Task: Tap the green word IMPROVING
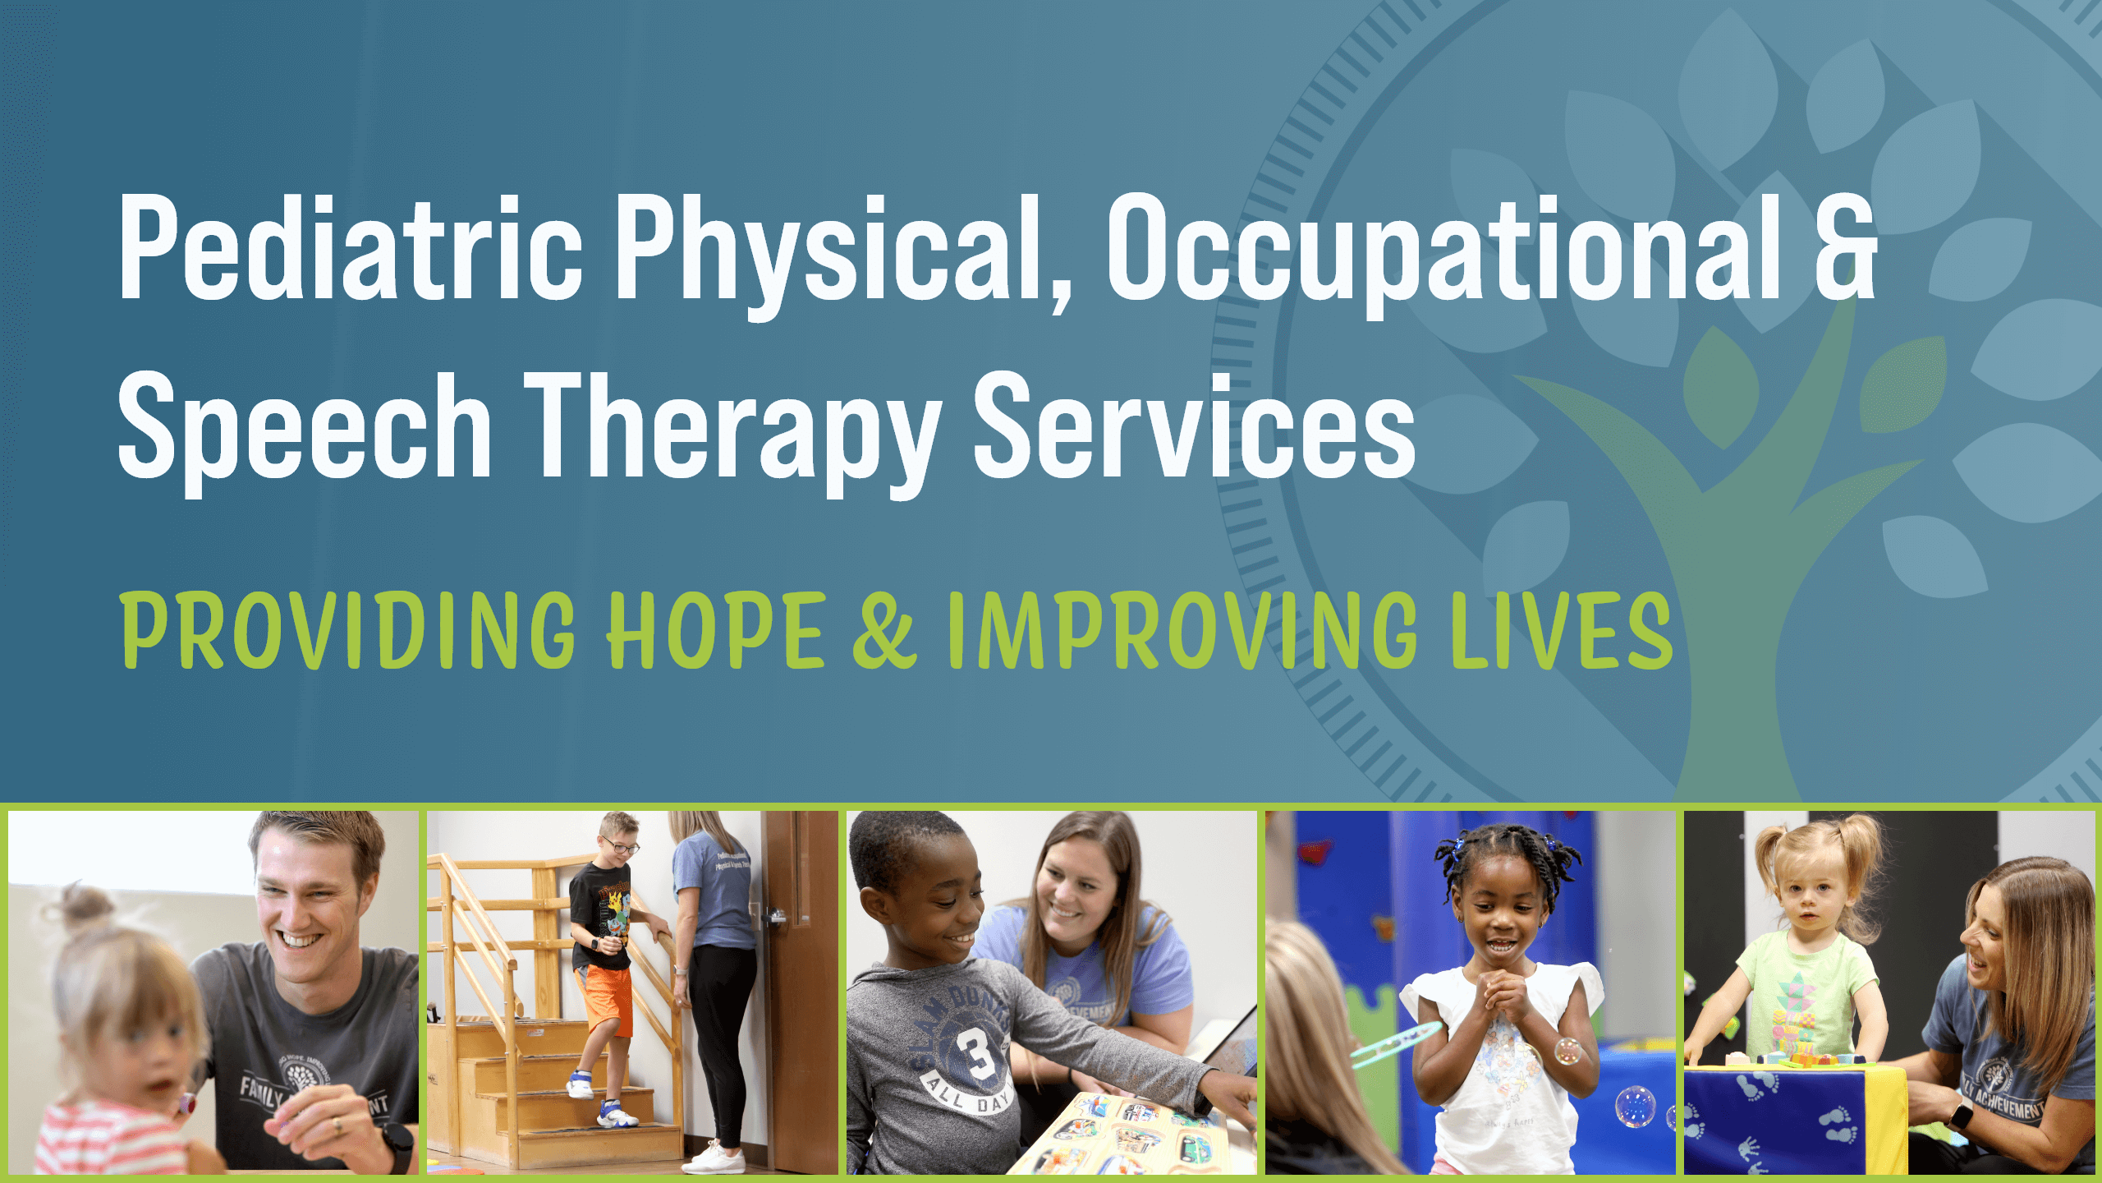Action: tap(1182, 630)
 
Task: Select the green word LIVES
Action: tap(1560, 630)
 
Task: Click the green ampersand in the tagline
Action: tap(883, 630)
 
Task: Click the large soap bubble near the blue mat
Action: tap(1635, 1106)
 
